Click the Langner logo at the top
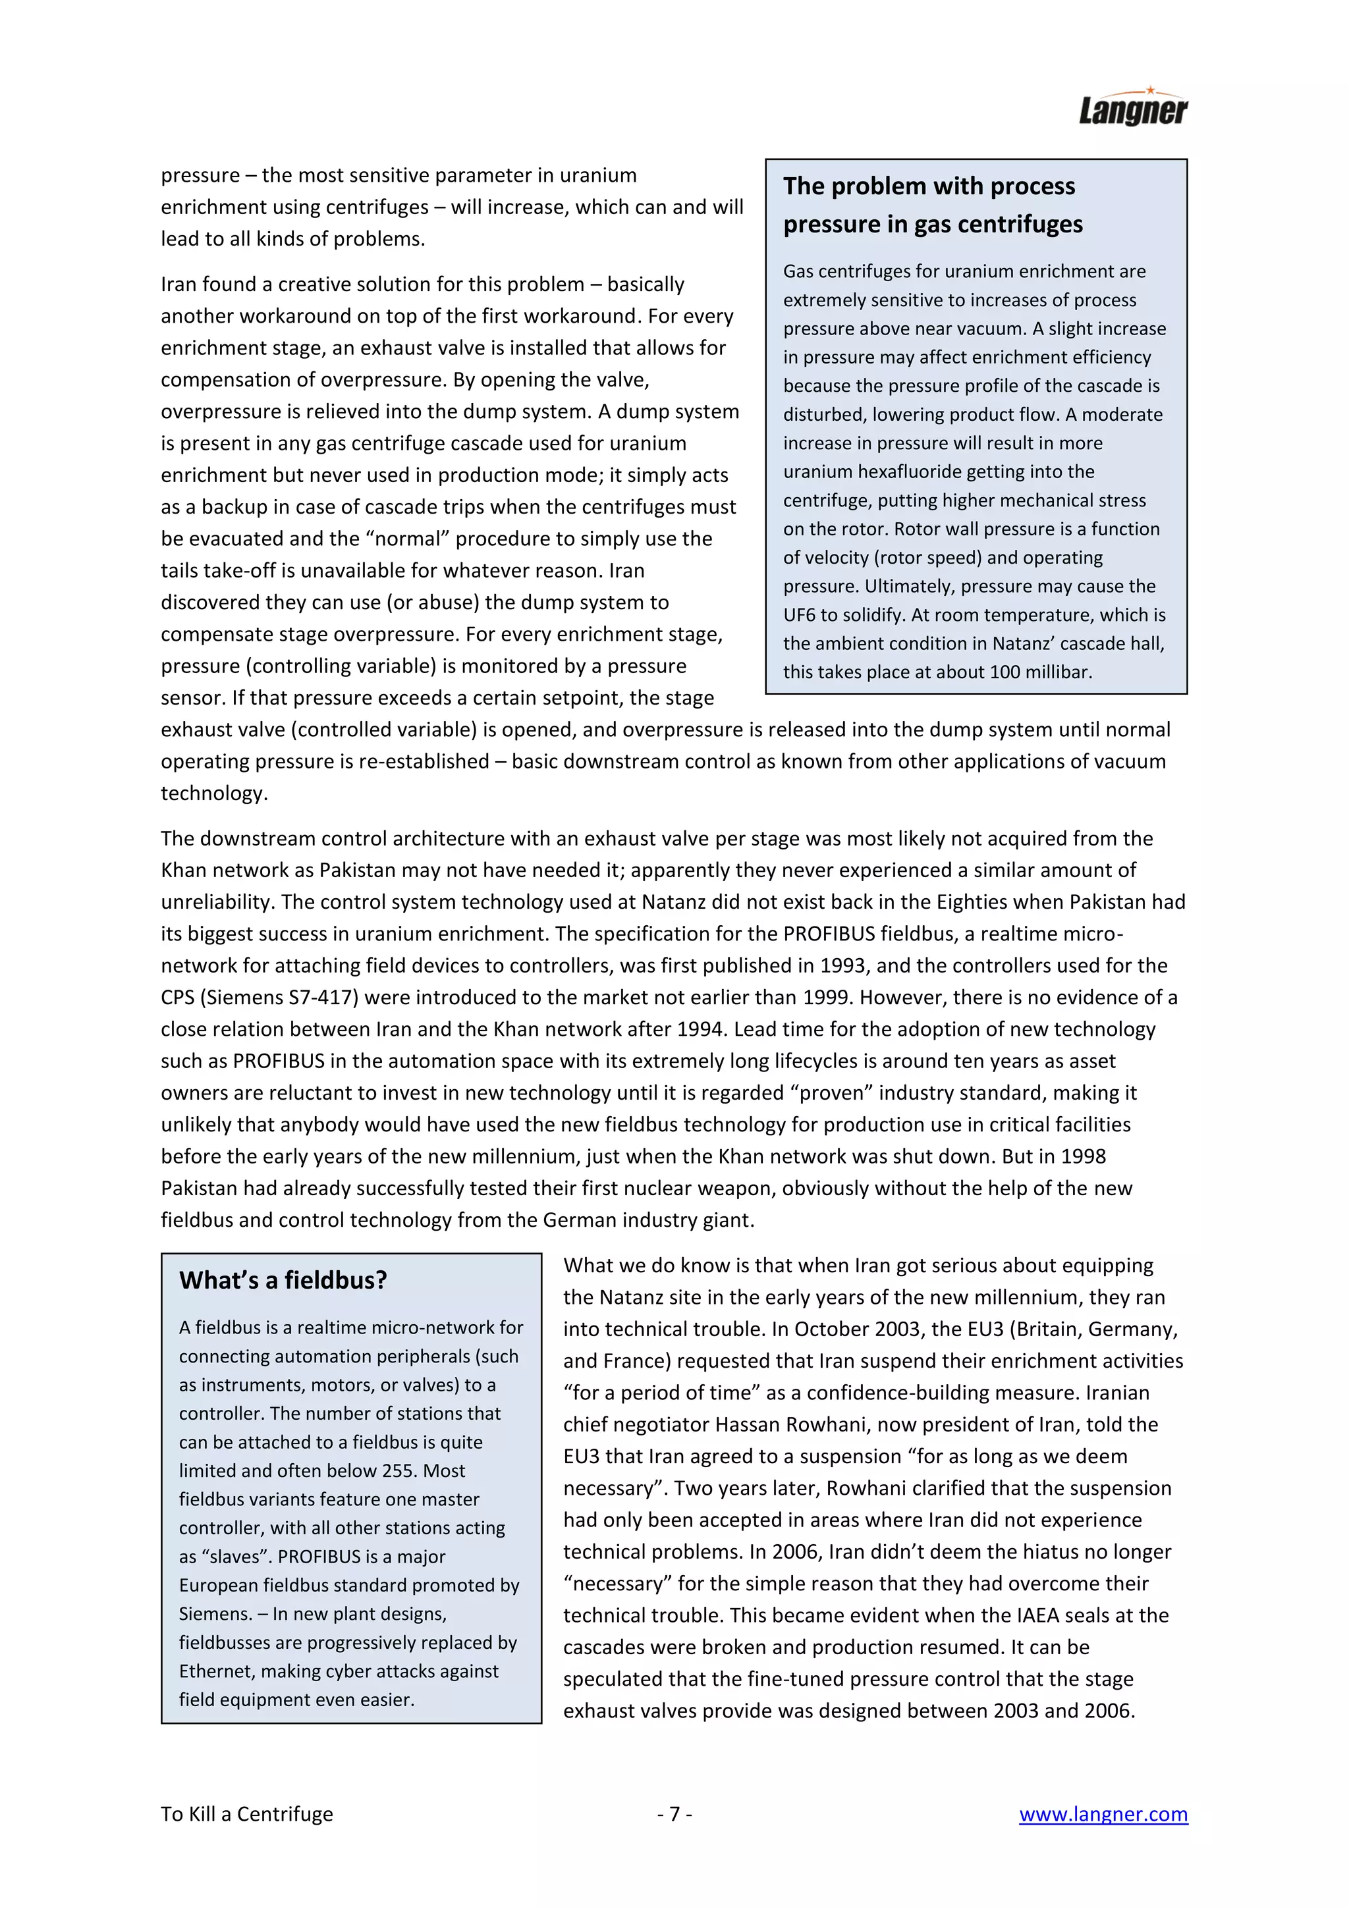point(1133,108)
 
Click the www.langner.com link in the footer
point(1103,1814)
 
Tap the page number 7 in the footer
point(674,1814)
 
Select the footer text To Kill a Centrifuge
point(247,1814)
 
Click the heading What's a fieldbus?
point(283,1280)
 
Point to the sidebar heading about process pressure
point(932,204)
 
